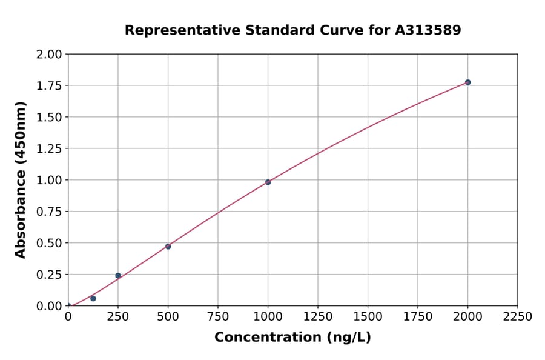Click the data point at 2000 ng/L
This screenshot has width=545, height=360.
pos(467,82)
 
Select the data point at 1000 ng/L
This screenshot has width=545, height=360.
pos(268,182)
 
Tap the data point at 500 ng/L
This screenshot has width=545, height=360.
pos(168,247)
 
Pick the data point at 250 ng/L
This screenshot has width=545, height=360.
pos(118,275)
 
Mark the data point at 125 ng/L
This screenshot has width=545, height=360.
pos(93,298)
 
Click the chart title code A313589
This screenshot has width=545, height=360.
pos(428,30)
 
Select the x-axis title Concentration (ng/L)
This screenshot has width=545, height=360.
pos(292,338)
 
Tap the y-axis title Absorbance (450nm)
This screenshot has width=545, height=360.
pos(21,180)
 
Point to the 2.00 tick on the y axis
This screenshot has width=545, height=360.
pos(49,55)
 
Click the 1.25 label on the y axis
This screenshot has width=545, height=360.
pos(49,148)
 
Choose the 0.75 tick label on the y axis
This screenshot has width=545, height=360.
pos(49,212)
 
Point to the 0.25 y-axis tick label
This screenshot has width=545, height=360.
pos(49,275)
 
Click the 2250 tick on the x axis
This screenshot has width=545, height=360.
pos(517,317)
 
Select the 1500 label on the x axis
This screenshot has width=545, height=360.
pos(368,317)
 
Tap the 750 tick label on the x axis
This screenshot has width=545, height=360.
pos(218,317)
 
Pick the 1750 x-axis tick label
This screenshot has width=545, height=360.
pos(417,317)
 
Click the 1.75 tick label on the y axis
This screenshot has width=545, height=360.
pos(49,86)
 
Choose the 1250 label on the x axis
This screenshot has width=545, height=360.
pos(318,317)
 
